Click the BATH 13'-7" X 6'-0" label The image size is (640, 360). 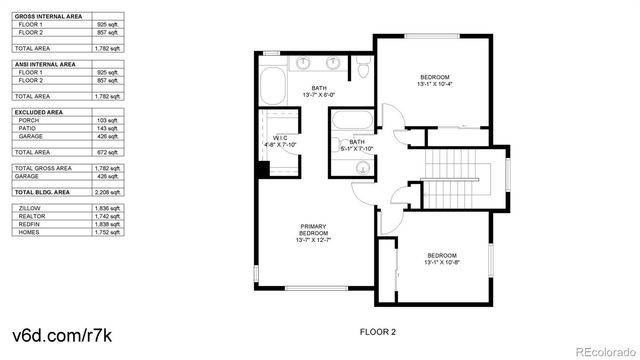318,92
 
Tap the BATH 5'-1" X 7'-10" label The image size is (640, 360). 356,146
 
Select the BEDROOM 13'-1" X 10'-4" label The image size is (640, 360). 434,81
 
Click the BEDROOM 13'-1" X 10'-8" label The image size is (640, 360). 440,259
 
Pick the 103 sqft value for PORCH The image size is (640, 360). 107,120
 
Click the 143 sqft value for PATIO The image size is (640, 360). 107,128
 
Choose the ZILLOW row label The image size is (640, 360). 27,207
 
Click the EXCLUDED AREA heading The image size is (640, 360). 36,112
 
